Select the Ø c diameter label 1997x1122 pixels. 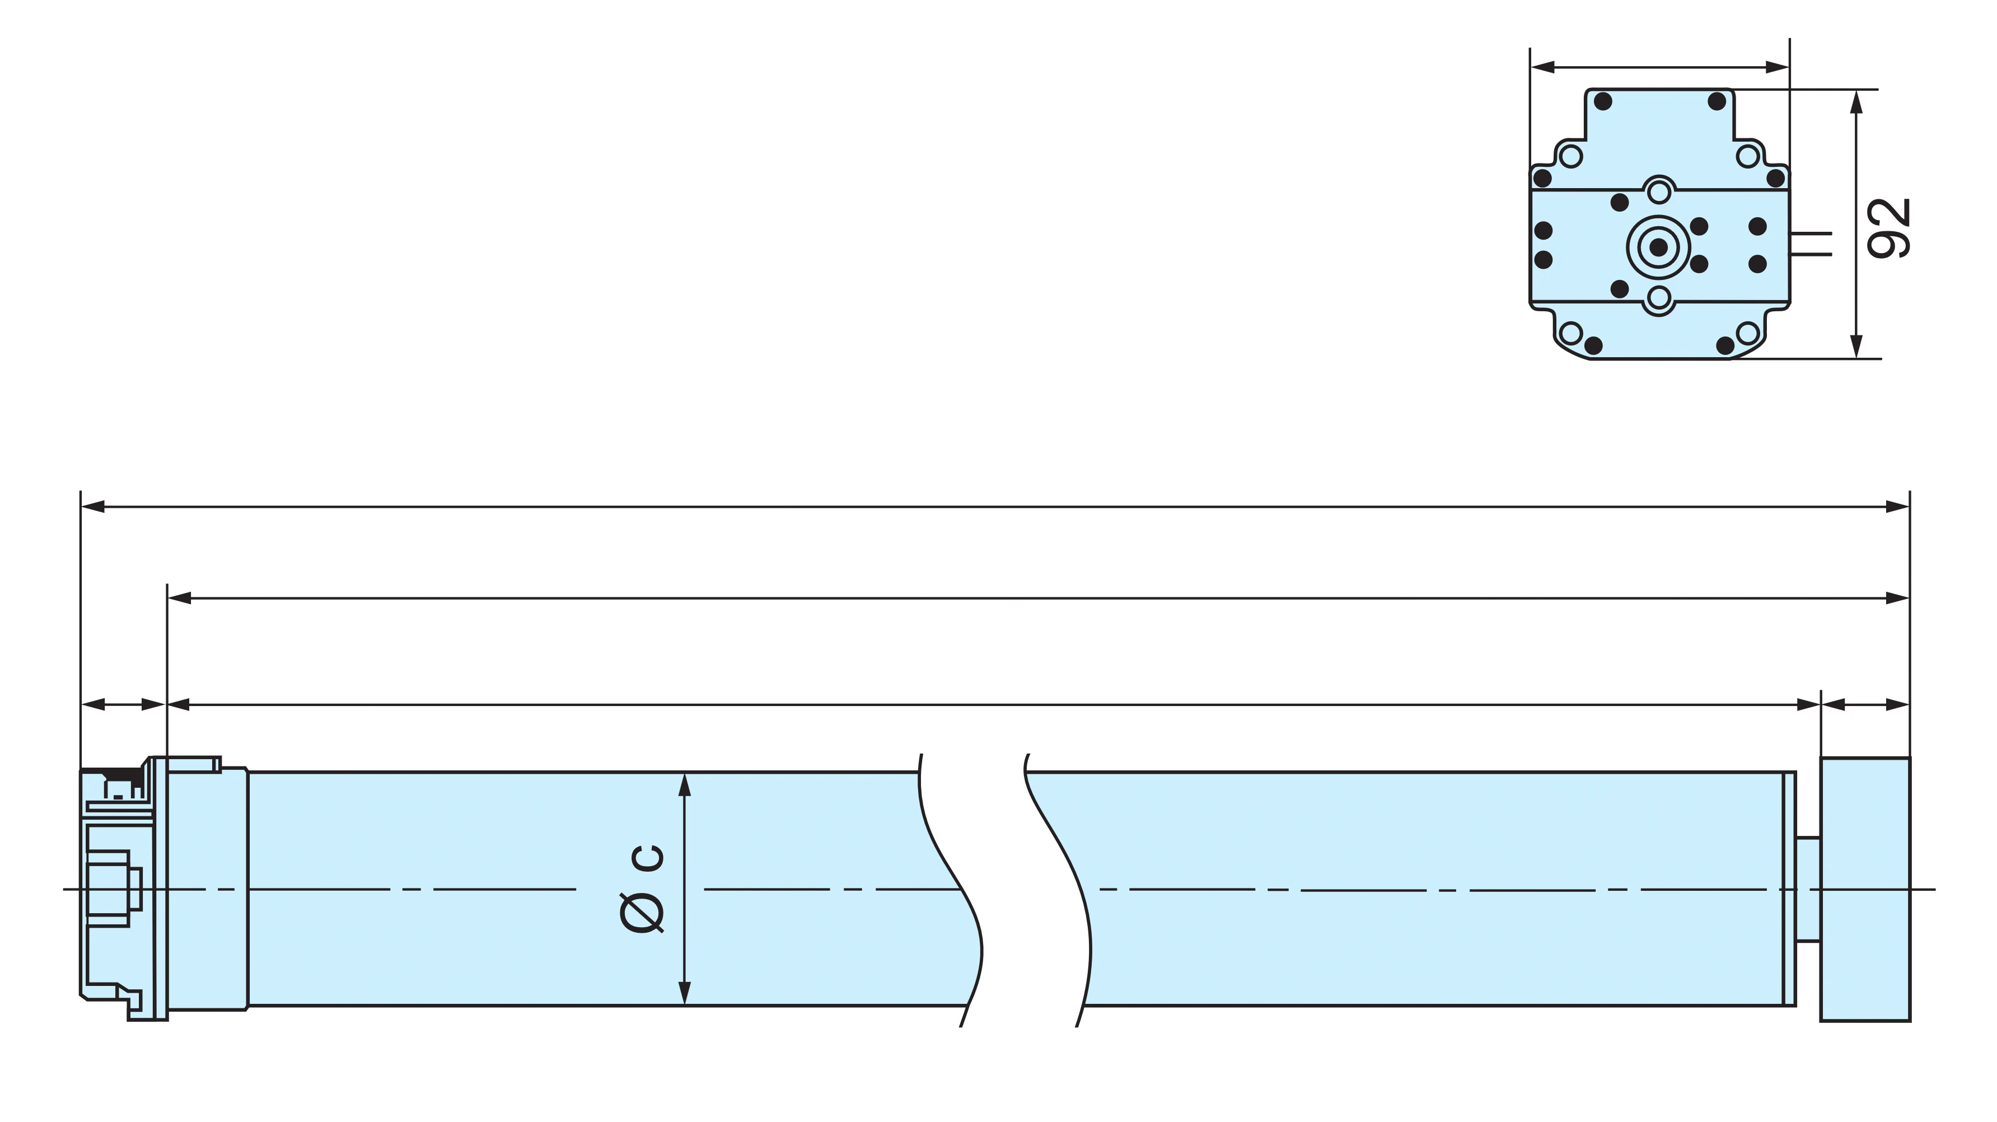click(x=642, y=889)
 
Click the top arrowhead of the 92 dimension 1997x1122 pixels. click(x=1856, y=101)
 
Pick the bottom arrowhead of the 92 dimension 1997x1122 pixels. click(x=1856, y=347)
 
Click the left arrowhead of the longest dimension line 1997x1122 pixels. click(x=93, y=507)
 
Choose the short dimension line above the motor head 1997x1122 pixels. click(x=123, y=705)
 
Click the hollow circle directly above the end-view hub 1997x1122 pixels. click(x=1658, y=191)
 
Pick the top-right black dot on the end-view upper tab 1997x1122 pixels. click(x=1717, y=101)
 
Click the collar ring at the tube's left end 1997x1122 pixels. click(x=208, y=889)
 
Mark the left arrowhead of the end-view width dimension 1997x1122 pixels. click(x=1543, y=67)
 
